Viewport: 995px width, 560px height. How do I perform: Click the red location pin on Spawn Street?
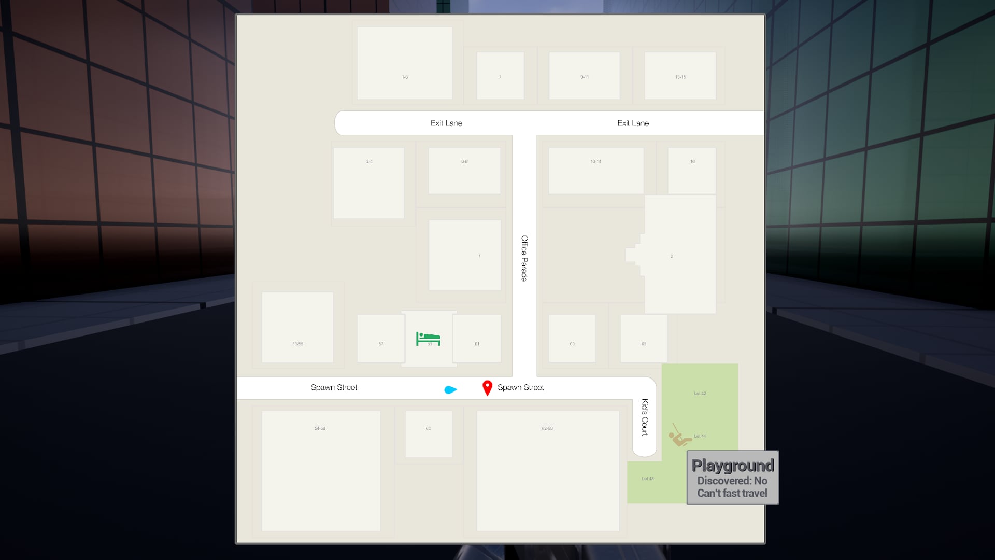click(487, 387)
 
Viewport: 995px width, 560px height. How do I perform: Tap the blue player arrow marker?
click(450, 389)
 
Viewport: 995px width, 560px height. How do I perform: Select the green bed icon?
click(428, 339)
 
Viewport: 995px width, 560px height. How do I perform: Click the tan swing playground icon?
click(679, 437)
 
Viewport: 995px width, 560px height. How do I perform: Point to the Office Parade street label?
click(524, 258)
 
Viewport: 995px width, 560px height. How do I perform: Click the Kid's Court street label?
click(645, 417)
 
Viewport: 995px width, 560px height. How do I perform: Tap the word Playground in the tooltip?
click(732, 465)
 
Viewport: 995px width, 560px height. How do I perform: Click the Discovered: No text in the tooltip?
click(732, 481)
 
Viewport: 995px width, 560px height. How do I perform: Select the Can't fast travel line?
click(732, 493)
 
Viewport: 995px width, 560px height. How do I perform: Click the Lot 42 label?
click(700, 394)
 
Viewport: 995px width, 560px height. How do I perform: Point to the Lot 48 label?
click(648, 479)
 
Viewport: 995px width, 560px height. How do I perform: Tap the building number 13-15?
click(680, 77)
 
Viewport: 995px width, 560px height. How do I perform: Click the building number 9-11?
click(585, 77)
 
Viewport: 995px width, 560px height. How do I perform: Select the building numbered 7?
click(500, 77)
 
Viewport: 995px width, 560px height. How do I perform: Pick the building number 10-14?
click(596, 162)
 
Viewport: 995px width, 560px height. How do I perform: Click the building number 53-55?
click(297, 344)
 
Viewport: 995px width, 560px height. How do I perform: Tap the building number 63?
click(572, 344)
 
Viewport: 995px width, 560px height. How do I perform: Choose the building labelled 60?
click(428, 428)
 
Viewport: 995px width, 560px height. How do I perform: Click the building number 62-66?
click(547, 428)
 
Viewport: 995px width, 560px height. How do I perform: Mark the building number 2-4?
click(369, 162)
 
